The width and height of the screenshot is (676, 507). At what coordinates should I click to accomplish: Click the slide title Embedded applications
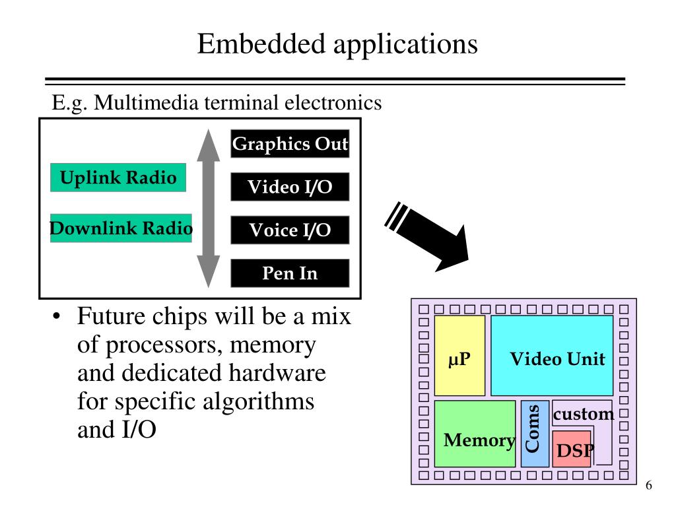coord(337,44)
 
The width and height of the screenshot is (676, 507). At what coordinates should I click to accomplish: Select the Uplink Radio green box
coord(118,178)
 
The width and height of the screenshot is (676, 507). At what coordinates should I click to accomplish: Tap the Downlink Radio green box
coord(121,228)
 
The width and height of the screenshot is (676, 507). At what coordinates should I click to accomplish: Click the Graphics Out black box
coord(290,144)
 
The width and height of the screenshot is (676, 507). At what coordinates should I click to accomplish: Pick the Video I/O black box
coord(290,187)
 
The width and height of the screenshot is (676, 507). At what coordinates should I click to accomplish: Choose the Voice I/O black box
coord(290,230)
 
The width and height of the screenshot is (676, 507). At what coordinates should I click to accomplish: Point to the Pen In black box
coord(290,273)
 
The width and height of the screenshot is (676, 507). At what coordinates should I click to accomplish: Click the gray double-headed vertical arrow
coord(209,208)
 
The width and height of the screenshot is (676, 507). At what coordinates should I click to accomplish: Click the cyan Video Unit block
coord(552,355)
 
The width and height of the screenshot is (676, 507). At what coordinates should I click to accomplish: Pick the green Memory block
coord(475,434)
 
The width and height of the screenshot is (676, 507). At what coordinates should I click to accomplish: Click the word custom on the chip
coord(583,415)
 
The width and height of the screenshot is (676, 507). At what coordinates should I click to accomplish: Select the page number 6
coord(648,485)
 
